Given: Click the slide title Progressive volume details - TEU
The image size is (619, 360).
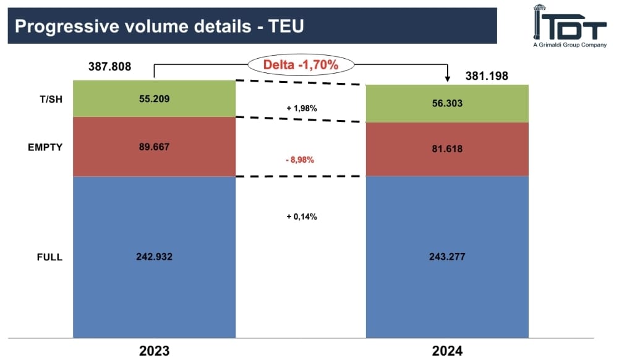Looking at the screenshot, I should click(159, 26).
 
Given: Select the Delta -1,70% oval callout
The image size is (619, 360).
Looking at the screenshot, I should click(301, 64).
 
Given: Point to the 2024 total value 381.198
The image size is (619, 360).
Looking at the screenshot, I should click(487, 76).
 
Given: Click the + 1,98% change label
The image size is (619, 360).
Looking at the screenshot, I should click(301, 108).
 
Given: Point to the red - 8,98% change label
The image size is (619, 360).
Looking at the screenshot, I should click(300, 160).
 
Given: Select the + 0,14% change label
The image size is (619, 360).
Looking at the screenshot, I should click(301, 216).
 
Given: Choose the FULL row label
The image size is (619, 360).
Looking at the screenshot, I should click(50, 257).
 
